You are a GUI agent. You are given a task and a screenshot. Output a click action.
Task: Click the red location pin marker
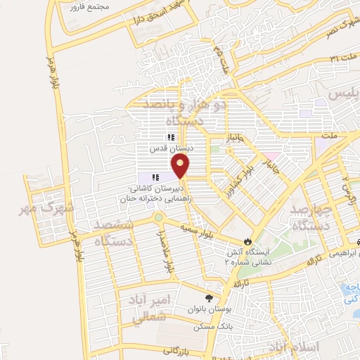tap(181, 166)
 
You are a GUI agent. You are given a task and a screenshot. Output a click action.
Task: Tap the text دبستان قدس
tap(170, 149)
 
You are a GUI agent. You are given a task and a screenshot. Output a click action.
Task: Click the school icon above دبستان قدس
tap(169, 138)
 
